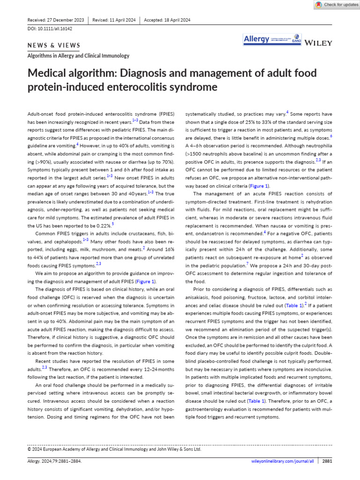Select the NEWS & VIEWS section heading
pos(54,45)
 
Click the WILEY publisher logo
pos(318,43)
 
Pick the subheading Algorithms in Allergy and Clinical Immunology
pos(78,56)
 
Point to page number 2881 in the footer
pos(327,461)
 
